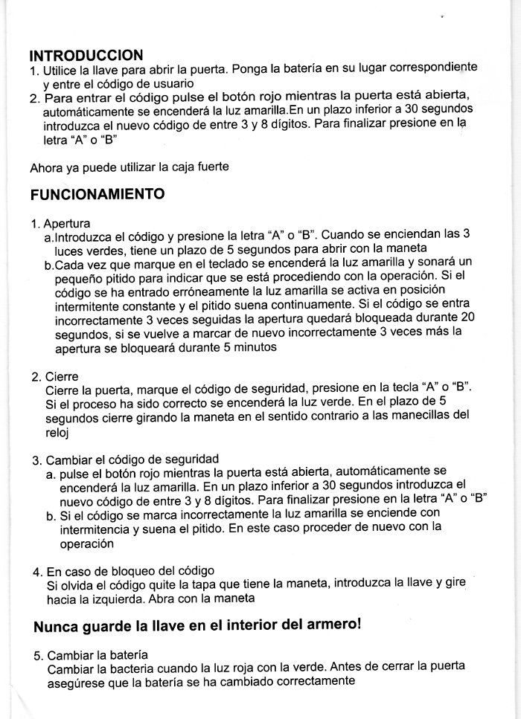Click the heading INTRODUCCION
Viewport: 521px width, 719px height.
pos(86,55)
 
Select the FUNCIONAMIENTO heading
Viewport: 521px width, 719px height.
pos(97,195)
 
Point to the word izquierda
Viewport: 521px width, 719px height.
pos(124,599)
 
